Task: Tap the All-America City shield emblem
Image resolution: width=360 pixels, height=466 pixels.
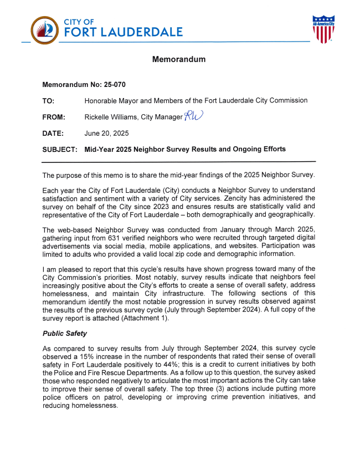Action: (x=323, y=29)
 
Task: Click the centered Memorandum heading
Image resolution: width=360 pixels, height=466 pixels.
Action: (x=179, y=59)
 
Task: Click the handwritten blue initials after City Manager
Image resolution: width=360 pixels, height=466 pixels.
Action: (x=194, y=116)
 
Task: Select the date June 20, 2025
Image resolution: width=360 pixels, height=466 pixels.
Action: (x=106, y=133)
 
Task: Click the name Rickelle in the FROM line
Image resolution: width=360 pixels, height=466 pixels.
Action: (x=97, y=117)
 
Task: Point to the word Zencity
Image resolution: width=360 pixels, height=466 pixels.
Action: (x=219, y=198)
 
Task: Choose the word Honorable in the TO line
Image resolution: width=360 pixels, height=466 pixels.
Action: (x=104, y=101)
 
